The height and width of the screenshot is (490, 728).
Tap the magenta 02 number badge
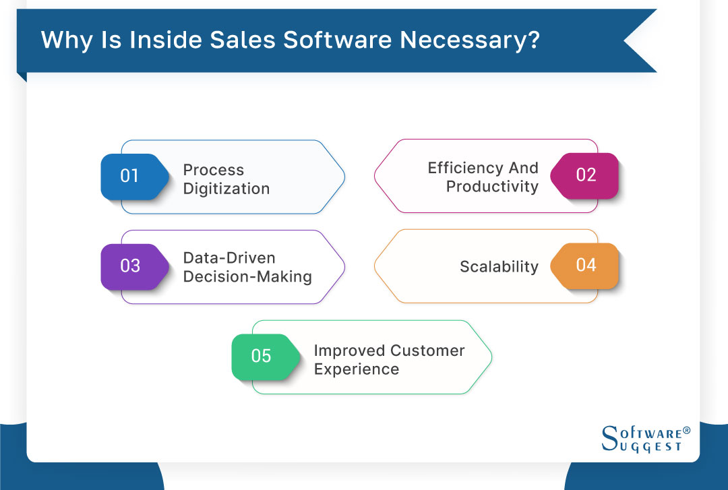coord(585,175)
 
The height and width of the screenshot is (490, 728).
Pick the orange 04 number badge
coord(585,265)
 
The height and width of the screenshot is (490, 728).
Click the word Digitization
coord(226,189)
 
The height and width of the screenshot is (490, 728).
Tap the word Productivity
coord(492,187)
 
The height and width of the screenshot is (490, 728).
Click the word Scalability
coord(499,267)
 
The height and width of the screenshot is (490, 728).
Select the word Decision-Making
coord(247,277)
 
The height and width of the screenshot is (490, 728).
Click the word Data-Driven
coord(229,257)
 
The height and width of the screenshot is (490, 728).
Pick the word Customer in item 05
coord(427,350)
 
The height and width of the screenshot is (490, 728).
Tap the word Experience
coord(356,369)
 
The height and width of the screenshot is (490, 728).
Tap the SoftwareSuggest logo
coord(640,439)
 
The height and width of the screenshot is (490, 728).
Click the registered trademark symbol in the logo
coord(686,430)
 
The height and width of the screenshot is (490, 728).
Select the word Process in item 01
coord(213,170)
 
